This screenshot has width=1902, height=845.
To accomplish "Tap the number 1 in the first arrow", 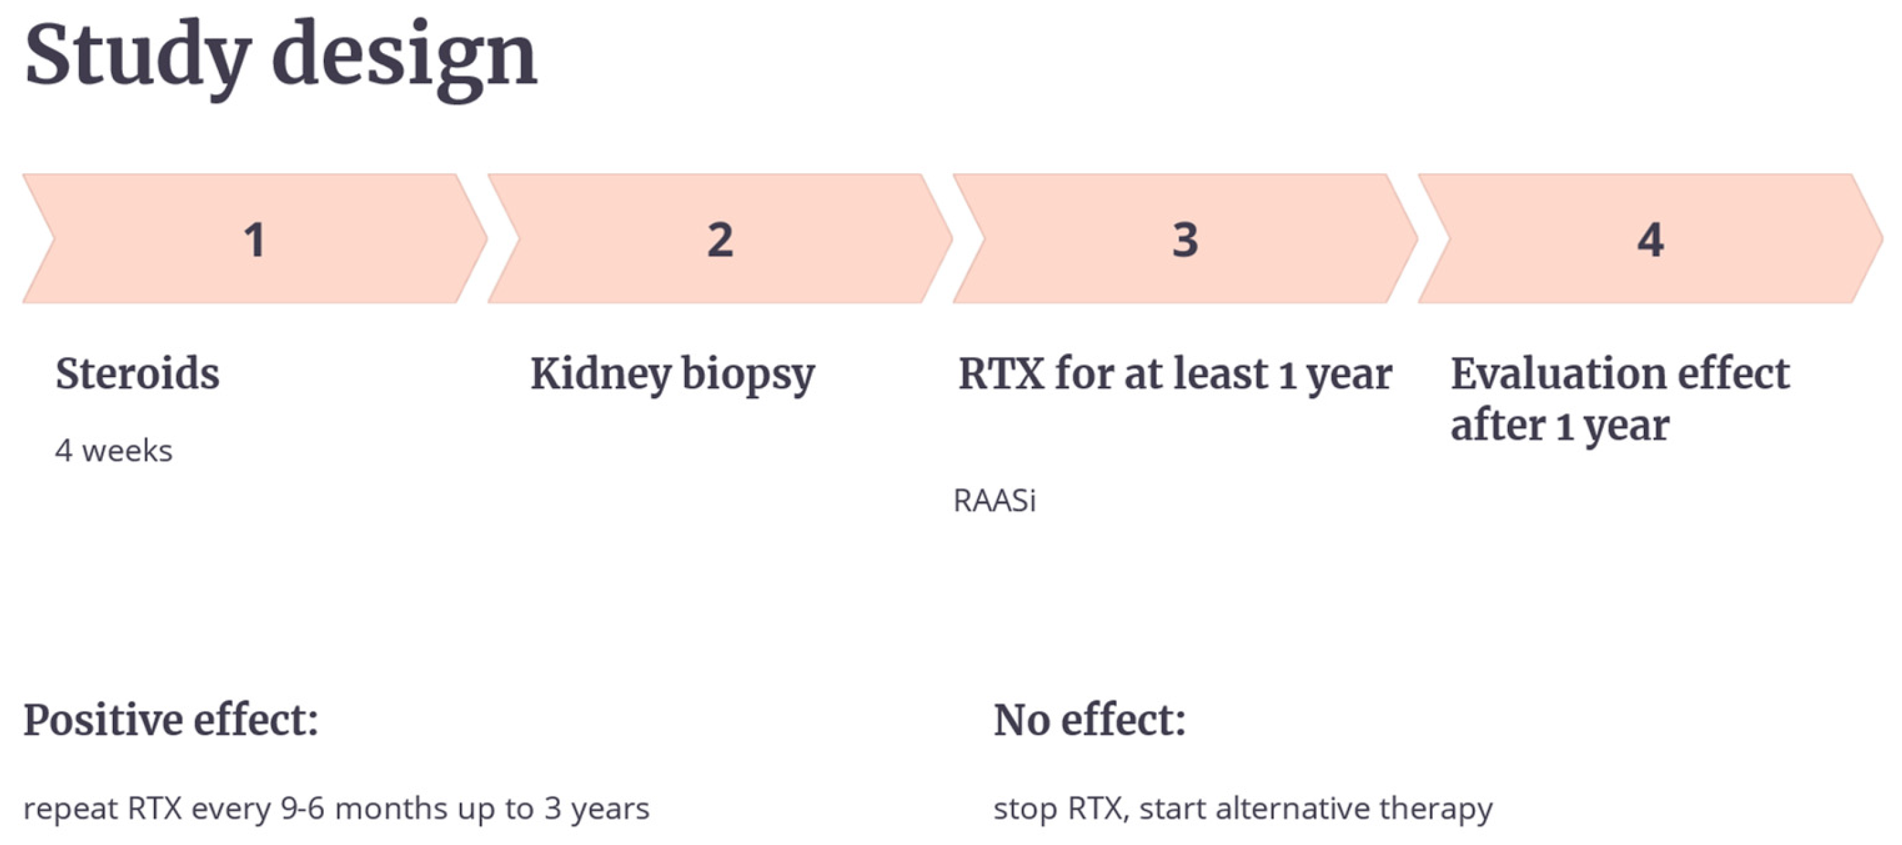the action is click(x=255, y=240).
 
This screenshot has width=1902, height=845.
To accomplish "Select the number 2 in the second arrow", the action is click(x=720, y=240).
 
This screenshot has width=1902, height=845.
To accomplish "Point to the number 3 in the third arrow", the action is click(x=1185, y=240).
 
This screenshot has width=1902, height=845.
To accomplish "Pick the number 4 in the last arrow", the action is click(x=1650, y=240).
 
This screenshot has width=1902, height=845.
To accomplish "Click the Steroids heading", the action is click(x=137, y=373).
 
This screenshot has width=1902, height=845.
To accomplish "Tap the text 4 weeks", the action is click(x=113, y=451).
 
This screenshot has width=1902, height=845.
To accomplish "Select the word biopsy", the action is click(x=748, y=375).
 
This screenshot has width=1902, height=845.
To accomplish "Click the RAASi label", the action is click(x=995, y=500).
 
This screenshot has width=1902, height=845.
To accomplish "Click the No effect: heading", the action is click(x=1090, y=720).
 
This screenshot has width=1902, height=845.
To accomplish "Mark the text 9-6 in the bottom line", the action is click(x=303, y=808).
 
